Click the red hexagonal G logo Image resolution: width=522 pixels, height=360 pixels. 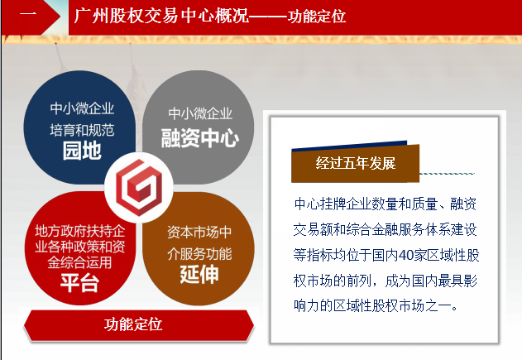click(x=139, y=187)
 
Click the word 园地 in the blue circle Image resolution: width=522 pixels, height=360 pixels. click(x=82, y=151)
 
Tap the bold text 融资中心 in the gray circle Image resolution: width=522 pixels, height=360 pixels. click(x=199, y=138)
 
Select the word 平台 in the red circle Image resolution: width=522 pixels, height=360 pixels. click(x=80, y=283)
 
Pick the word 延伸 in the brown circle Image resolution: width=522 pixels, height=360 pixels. click(x=199, y=275)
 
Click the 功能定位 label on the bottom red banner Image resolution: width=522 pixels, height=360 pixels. click(x=133, y=324)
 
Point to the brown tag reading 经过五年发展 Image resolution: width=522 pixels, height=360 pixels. click(x=355, y=163)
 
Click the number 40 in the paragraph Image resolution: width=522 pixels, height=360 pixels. click(x=405, y=255)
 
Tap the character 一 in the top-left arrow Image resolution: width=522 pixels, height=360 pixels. click(x=28, y=15)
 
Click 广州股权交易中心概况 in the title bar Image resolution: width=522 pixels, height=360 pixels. click(x=161, y=16)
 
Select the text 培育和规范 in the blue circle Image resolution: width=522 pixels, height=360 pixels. click(x=82, y=130)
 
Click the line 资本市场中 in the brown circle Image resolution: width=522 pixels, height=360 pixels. click(x=199, y=232)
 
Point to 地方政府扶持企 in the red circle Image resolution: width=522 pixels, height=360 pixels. click(x=80, y=231)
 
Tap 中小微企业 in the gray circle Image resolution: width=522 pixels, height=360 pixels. click(x=200, y=113)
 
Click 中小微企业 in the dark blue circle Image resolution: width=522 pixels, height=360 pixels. click(x=82, y=108)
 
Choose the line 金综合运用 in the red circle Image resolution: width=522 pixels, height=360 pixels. click(x=79, y=262)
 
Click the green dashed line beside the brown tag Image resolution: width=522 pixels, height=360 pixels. click(x=447, y=174)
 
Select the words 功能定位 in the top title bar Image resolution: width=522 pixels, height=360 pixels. click(x=317, y=16)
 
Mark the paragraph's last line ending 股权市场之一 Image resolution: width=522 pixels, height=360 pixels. click(x=376, y=305)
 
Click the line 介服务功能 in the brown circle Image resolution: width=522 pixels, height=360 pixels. click(x=199, y=254)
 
